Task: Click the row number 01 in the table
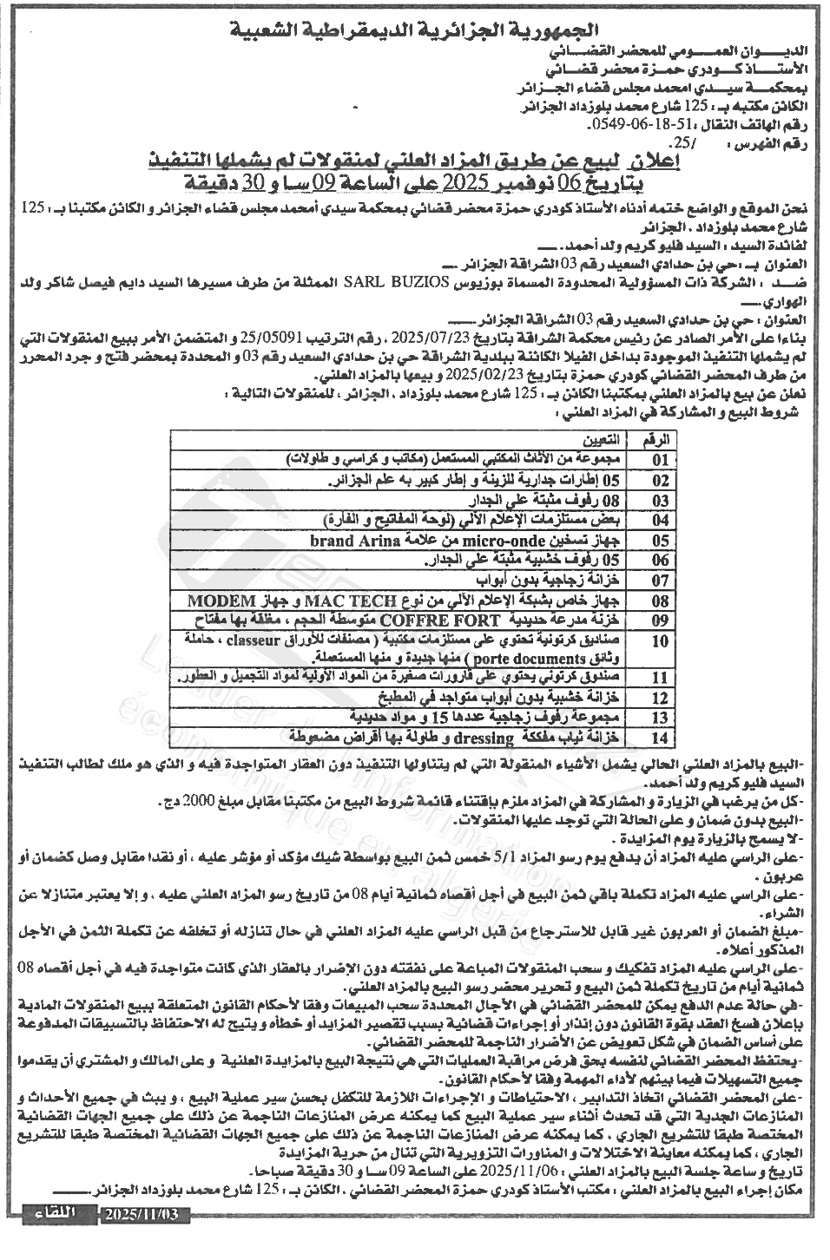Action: coord(661,459)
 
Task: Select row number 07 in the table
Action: coord(661,581)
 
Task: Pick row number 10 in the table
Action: coord(661,641)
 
